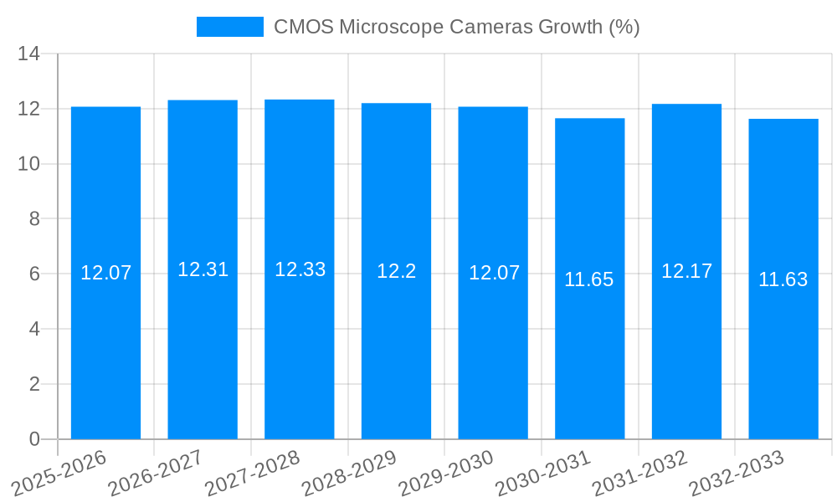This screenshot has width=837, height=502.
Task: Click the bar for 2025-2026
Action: [105, 273]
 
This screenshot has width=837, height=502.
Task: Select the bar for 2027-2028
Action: [300, 269]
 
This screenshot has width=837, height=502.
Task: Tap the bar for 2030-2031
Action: [589, 279]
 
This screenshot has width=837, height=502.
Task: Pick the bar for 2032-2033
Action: [783, 279]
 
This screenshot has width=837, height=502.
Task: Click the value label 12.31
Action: [203, 269]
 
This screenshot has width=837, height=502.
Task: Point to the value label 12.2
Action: [396, 271]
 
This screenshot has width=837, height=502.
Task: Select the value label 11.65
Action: [589, 279]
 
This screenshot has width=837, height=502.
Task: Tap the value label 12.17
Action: [686, 271]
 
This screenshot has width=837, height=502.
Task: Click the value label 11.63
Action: [783, 279]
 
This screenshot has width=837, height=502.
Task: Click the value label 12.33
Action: [300, 269]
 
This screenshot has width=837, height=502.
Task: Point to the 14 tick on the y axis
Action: [28, 54]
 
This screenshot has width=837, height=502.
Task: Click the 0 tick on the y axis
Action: [34, 439]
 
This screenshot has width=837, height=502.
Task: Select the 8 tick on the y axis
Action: [34, 219]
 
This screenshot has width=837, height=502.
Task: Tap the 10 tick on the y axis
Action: [28, 164]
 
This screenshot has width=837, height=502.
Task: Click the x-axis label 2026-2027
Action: [157, 473]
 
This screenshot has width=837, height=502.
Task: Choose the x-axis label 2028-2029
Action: [350, 473]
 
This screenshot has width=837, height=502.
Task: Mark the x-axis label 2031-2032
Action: [640, 473]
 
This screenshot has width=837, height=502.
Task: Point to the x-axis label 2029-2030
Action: [447, 473]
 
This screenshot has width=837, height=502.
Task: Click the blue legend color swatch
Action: [229, 27]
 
